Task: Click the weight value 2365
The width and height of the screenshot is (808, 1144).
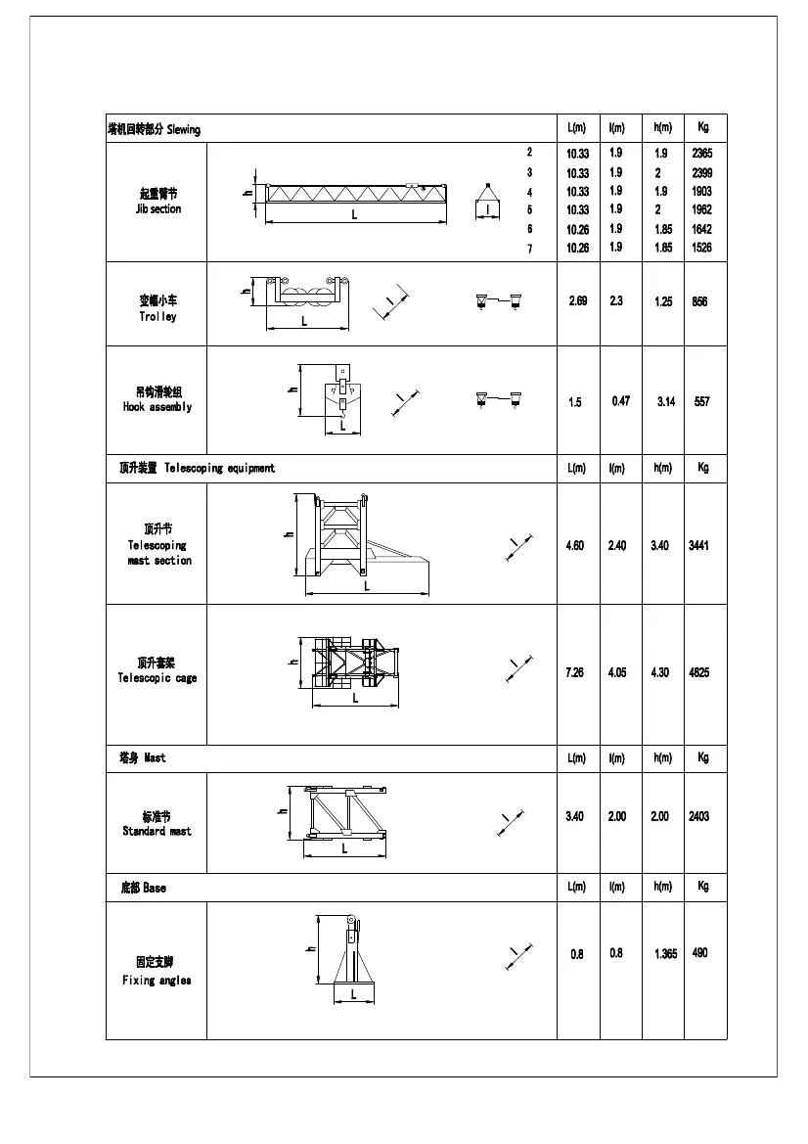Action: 701,154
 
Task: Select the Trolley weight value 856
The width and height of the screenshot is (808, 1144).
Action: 699,302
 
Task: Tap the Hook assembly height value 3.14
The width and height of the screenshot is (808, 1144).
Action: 666,402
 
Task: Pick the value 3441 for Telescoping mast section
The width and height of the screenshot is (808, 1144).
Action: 698,545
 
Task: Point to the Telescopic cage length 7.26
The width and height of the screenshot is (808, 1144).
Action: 575,672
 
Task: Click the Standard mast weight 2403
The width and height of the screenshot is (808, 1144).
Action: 698,816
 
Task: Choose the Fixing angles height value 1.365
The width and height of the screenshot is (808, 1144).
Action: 666,954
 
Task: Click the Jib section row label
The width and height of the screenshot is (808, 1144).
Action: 157,202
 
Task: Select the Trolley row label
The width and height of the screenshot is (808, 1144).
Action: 157,309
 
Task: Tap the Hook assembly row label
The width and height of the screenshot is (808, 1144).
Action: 157,399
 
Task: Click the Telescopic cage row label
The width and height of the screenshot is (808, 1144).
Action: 157,670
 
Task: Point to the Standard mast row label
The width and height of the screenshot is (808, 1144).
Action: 157,824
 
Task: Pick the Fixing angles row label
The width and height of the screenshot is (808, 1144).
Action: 157,971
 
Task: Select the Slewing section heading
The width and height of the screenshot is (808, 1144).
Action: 154,129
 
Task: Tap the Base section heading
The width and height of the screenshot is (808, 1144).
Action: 143,888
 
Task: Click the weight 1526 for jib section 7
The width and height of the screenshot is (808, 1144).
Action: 701,248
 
